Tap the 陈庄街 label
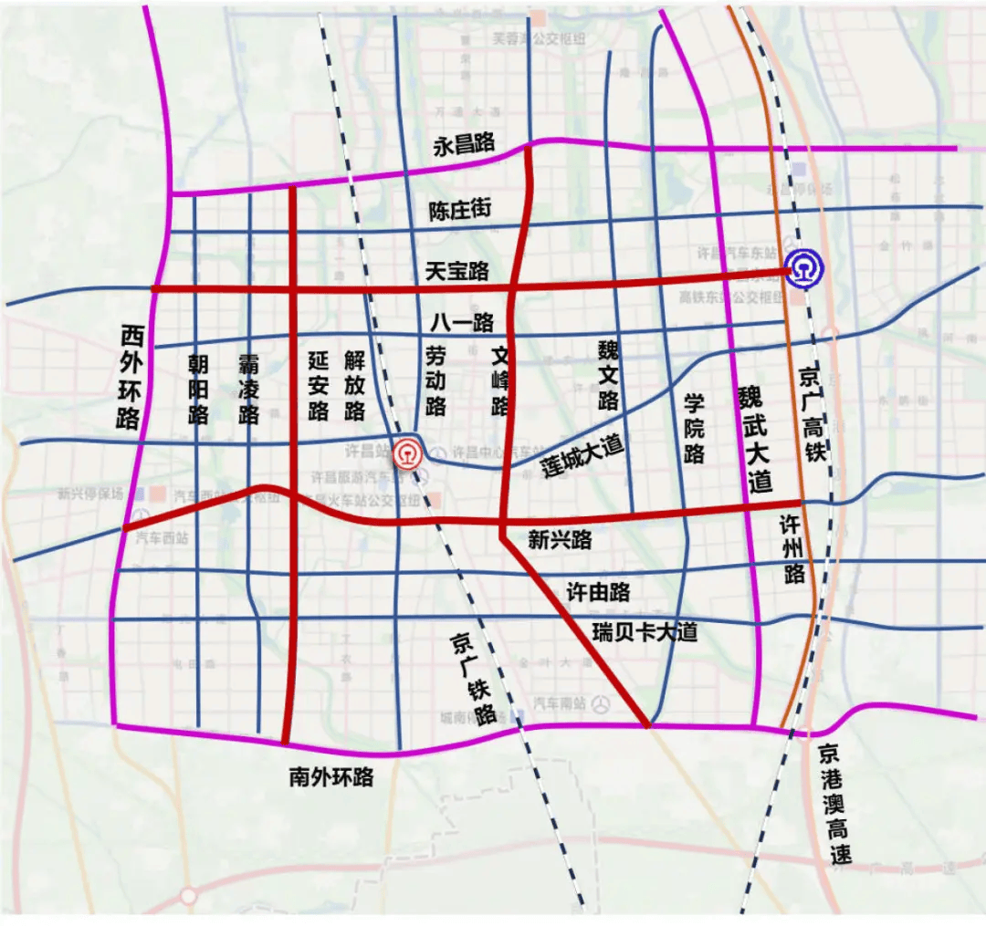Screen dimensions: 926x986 (x=460, y=211)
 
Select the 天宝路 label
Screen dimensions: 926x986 (x=457, y=271)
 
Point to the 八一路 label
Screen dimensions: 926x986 (x=463, y=322)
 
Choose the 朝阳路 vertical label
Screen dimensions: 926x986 (x=198, y=390)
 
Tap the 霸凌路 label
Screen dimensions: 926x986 (x=248, y=390)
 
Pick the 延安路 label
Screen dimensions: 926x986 (x=318, y=387)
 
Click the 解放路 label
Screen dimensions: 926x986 (x=355, y=387)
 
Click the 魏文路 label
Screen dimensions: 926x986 (x=608, y=375)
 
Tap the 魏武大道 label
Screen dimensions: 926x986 (x=755, y=439)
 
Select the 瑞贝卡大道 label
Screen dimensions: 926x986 (x=645, y=631)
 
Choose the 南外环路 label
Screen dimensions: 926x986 (x=331, y=777)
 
